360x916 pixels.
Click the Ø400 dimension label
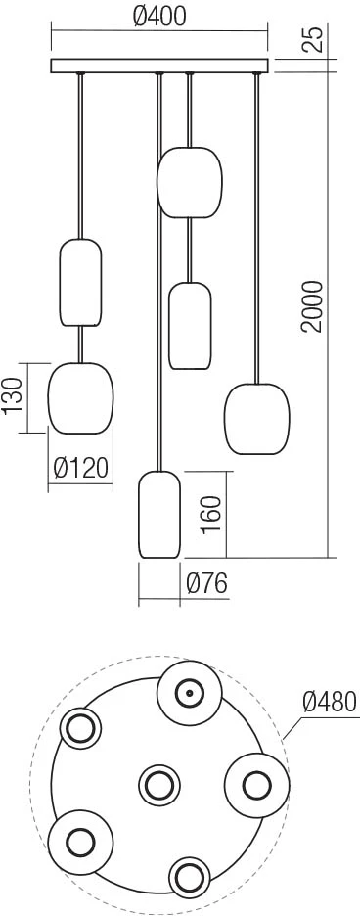tap(158, 18)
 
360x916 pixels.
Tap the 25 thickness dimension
tap(315, 40)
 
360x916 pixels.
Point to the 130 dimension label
tap(13, 395)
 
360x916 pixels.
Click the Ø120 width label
tap(80, 468)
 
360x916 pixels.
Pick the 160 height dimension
tap(211, 514)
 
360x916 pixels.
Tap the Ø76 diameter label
tap(206, 583)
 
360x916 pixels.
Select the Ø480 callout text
tap(330, 701)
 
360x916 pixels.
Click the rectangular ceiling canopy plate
tap(159, 66)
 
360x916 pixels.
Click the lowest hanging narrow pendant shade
tap(158, 514)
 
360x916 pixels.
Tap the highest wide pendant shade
tap(190, 182)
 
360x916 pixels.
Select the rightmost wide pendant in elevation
tap(257, 419)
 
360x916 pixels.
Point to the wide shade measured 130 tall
tap(80, 398)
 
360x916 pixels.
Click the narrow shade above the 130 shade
tap(80, 282)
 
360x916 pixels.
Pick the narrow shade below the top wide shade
tap(190, 326)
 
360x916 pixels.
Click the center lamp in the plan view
tap(159, 785)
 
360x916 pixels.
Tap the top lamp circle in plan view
tap(190, 694)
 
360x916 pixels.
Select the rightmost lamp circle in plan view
tap(257, 785)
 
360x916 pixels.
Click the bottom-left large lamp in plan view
tap(80, 842)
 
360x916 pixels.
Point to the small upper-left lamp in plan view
tap(80, 728)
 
